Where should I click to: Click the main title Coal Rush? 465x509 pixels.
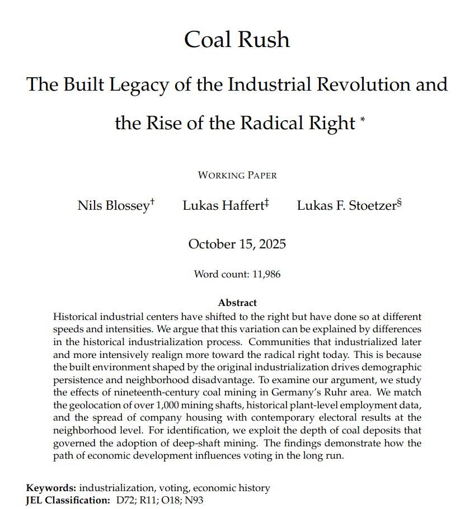click(237, 40)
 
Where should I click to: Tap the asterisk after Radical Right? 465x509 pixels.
click(363, 119)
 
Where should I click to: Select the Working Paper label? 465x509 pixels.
click(237, 175)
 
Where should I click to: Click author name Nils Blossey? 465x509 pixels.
click(113, 205)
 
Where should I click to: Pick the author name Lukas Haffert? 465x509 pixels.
click(222, 205)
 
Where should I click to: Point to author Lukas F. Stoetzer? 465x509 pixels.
click(345, 205)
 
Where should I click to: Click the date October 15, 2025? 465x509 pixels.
click(237, 244)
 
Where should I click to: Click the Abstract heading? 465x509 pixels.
click(237, 303)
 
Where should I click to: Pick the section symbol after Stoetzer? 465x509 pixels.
click(400, 202)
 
